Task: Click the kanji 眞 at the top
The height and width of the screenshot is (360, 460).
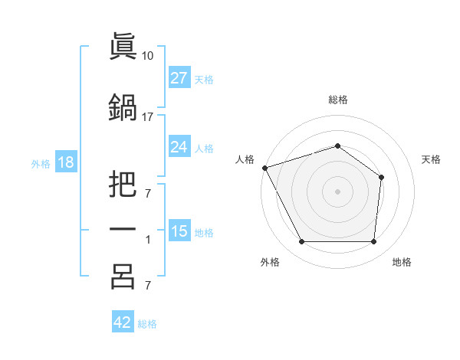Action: (123, 46)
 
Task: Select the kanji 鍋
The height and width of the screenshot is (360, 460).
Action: (123, 107)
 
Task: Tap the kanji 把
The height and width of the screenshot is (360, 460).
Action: (123, 184)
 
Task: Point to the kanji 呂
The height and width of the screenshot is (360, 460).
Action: (123, 277)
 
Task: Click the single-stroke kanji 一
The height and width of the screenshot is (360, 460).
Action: (123, 229)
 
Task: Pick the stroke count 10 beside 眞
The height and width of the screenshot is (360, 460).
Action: (147, 56)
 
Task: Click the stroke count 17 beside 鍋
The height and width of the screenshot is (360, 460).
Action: (147, 117)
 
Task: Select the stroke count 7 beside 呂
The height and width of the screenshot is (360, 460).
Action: (148, 285)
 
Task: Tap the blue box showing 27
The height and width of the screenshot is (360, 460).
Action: (179, 77)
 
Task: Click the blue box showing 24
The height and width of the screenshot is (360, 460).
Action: (179, 146)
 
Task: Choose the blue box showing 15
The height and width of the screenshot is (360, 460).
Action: (179, 230)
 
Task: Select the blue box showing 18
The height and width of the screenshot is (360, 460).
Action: (66, 162)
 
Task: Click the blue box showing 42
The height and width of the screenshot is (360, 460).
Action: (123, 321)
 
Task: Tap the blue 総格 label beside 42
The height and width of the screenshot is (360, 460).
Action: (147, 324)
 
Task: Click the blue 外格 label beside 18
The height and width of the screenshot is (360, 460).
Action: (41, 164)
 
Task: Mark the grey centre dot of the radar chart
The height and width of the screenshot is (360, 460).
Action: (337, 191)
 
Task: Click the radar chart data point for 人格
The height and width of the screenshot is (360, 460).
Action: (265, 168)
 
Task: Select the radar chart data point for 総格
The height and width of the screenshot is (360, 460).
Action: (337, 146)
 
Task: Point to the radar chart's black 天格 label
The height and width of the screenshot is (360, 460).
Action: (431, 159)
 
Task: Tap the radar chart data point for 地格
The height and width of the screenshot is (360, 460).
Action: (373, 241)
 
